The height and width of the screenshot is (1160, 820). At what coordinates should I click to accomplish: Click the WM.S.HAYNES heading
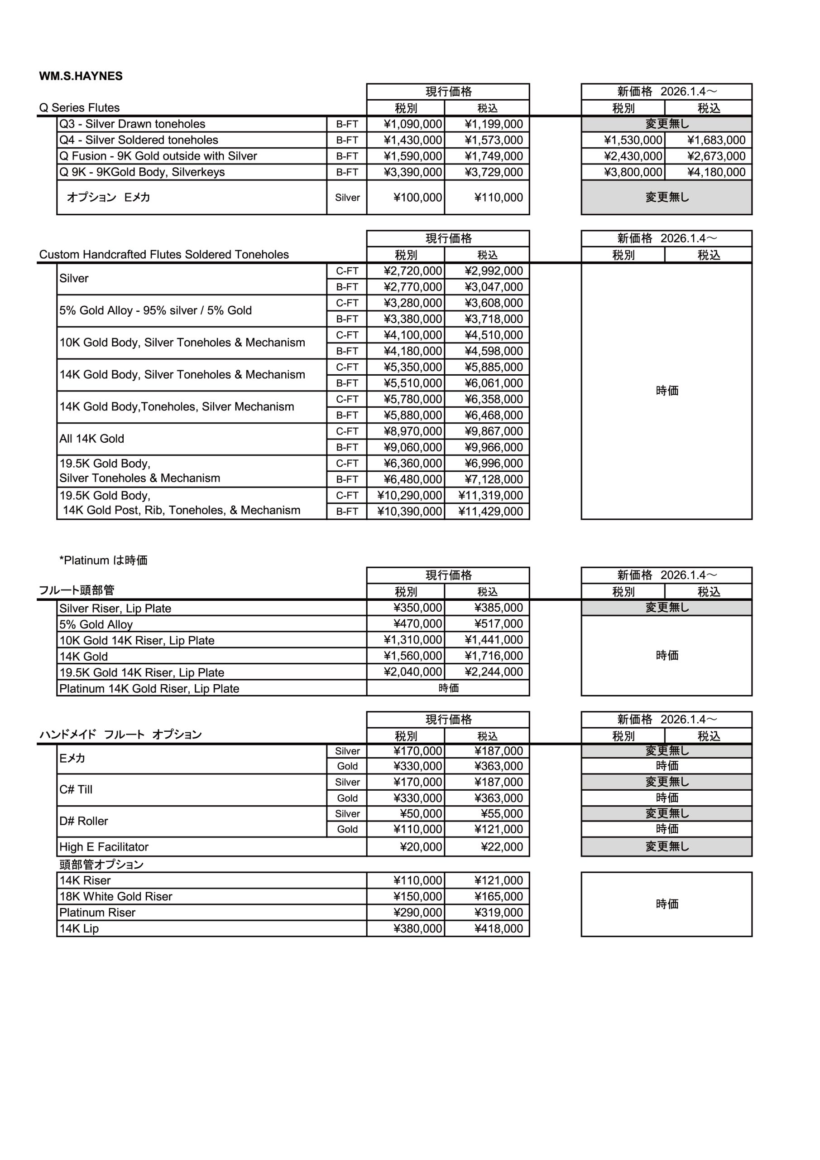(x=81, y=76)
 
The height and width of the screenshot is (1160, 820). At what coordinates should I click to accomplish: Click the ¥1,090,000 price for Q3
(x=412, y=124)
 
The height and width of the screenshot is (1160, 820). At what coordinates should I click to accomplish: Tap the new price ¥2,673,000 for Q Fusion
(x=716, y=156)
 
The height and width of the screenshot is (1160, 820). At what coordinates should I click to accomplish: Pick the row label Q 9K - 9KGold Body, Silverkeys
(x=142, y=172)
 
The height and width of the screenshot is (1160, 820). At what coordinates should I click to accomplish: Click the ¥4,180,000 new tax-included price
(x=716, y=172)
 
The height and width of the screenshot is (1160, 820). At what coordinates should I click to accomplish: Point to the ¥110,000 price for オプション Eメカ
(x=499, y=198)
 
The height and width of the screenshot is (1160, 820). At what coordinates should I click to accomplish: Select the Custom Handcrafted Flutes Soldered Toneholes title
(x=163, y=255)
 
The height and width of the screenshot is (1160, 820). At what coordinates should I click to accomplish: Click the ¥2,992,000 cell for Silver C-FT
(x=493, y=271)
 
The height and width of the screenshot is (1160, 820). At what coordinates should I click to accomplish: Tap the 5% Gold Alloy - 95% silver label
(x=155, y=311)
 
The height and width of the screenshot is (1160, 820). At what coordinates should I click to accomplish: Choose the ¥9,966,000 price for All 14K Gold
(x=493, y=447)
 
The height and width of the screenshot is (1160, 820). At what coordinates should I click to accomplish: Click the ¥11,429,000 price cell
(x=490, y=511)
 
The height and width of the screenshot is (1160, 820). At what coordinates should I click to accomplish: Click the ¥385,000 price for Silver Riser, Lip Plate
(x=499, y=608)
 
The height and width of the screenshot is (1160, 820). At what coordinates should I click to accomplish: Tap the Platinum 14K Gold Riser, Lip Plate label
(x=149, y=689)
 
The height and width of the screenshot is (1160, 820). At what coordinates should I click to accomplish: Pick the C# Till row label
(x=76, y=790)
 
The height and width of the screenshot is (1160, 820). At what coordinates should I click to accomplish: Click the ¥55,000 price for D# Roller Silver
(x=501, y=814)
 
